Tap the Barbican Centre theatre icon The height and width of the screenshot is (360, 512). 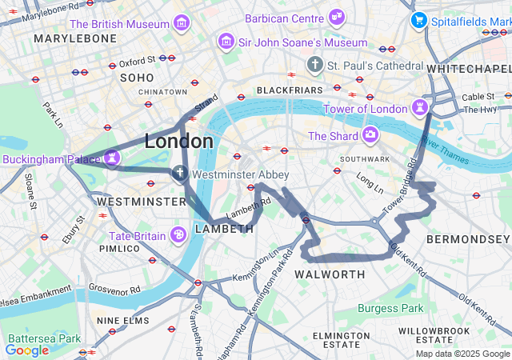click(x=337, y=17)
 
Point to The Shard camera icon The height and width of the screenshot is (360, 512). click(x=370, y=135)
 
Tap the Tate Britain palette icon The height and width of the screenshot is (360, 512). click(x=178, y=234)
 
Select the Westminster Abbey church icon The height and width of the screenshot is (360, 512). click(x=181, y=174)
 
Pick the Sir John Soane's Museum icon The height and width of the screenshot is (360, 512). click(x=226, y=41)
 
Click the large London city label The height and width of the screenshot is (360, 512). click(x=178, y=142)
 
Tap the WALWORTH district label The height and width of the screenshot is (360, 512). click(x=330, y=274)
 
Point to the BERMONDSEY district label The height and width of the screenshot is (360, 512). click(x=467, y=239)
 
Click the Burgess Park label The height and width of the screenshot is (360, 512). click(x=390, y=308)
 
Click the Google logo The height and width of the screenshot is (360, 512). click(x=26, y=350)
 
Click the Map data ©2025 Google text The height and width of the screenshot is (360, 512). click(x=462, y=354)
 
